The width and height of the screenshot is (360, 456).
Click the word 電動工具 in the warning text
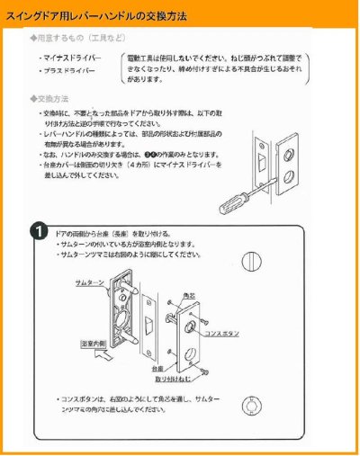[144, 58]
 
